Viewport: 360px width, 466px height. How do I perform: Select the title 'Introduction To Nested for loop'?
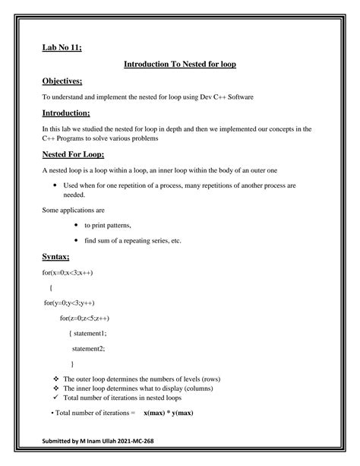tap(180, 65)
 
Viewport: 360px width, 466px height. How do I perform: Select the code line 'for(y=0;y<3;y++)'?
tap(68, 303)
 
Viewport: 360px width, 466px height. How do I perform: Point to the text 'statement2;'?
tap(88, 348)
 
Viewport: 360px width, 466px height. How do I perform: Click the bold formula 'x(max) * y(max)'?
tap(169, 413)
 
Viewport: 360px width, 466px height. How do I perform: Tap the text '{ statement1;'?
tap(87, 333)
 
